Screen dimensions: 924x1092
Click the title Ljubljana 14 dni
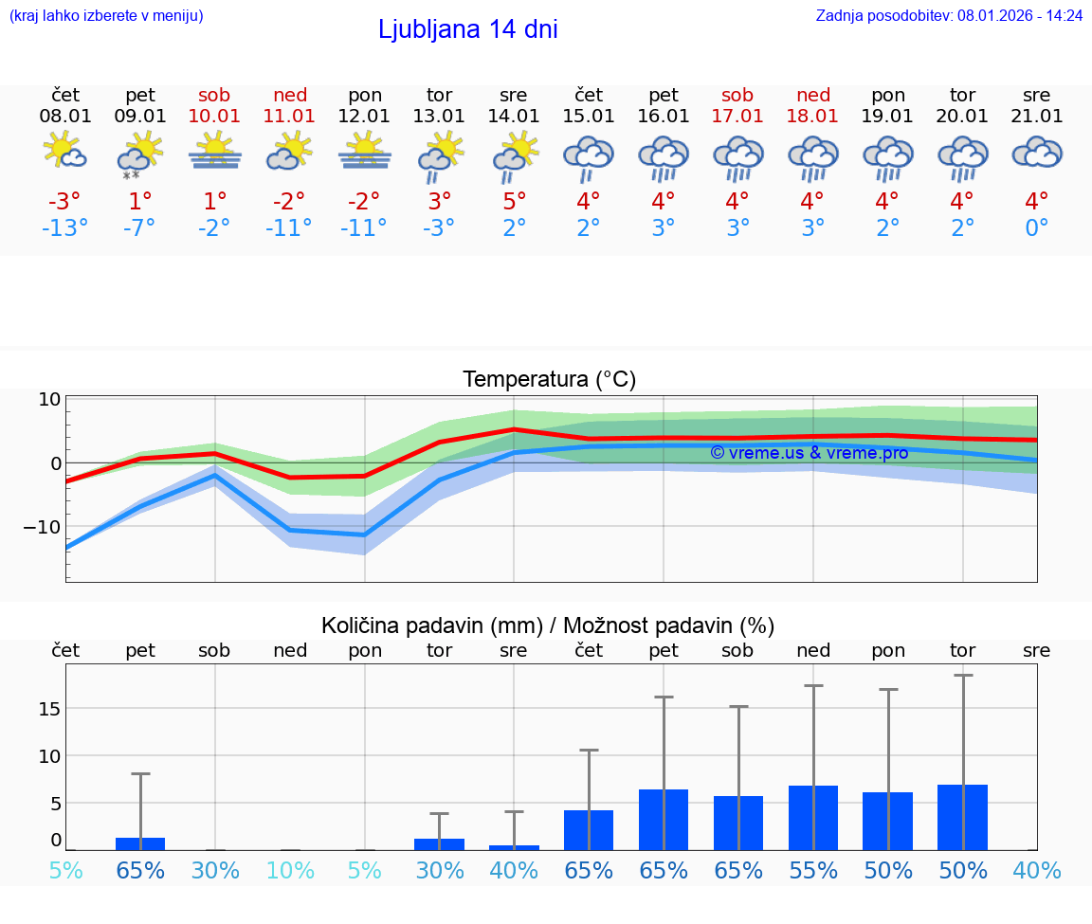(467, 29)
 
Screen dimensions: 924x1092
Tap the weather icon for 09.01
(140, 154)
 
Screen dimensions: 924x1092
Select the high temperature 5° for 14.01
(514, 202)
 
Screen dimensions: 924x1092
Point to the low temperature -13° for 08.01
(65, 228)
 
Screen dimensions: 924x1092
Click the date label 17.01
(737, 117)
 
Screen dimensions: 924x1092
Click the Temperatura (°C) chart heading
(549, 380)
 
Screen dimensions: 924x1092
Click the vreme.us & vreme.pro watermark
(810, 453)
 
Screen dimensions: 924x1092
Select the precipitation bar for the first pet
(140, 843)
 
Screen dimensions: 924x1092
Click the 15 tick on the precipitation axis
(50, 709)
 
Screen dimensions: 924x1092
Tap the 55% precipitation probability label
(813, 871)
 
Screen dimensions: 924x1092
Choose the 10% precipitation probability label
(290, 871)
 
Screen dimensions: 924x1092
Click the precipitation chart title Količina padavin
(548, 625)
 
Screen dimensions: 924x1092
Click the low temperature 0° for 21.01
(1037, 228)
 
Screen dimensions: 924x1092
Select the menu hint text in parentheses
(106, 15)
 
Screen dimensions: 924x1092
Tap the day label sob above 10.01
(214, 95)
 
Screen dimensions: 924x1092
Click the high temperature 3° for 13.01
(439, 202)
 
